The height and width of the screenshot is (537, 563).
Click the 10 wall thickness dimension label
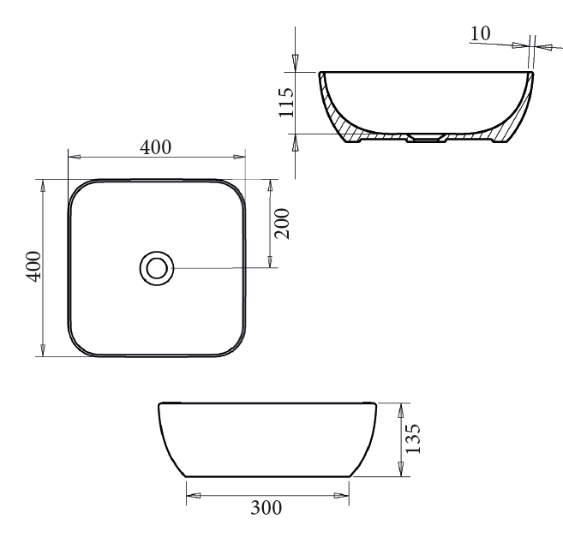pyautogui.click(x=480, y=33)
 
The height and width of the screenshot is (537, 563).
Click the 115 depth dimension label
pyautogui.click(x=286, y=102)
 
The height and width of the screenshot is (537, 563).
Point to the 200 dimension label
pyautogui.click(x=282, y=224)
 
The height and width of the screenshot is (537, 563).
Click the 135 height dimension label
pyautogui.click(x=412, y=439)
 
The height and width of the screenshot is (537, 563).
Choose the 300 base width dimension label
pyautogui.click(x=266, y=508)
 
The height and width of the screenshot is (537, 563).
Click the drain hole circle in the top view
pyautogui.click(x=157, y=268)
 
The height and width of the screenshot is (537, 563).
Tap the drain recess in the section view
pyautogui.click(x=426, y=138)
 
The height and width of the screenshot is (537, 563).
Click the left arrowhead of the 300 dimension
pyautogui.click(x=193, y=495)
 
